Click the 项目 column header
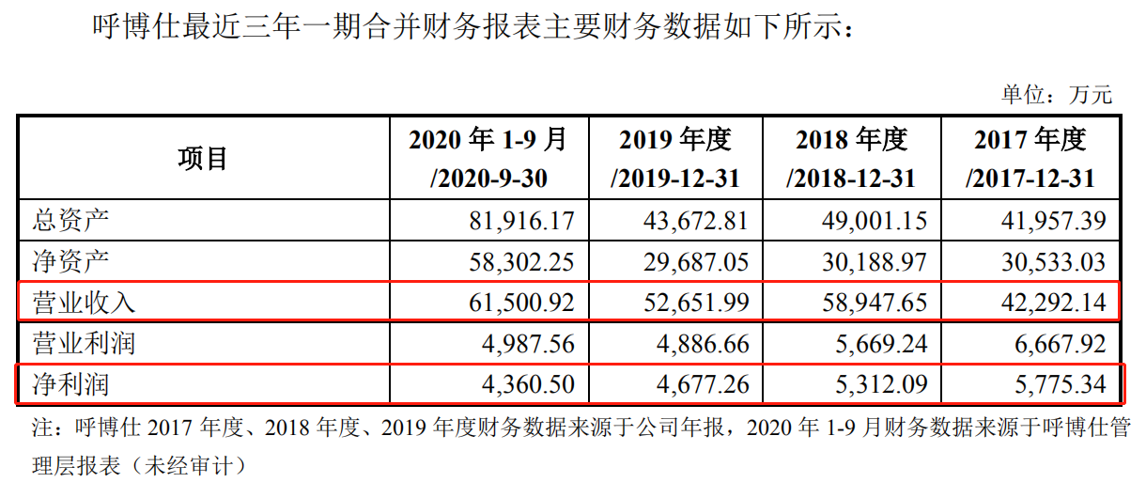tap(203, 158)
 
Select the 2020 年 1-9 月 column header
tap(488, 158)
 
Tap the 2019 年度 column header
tap(674, 158)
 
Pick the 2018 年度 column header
tap(851, 158)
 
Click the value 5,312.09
tap(877, 384)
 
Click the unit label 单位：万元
tap(1056, 94)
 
